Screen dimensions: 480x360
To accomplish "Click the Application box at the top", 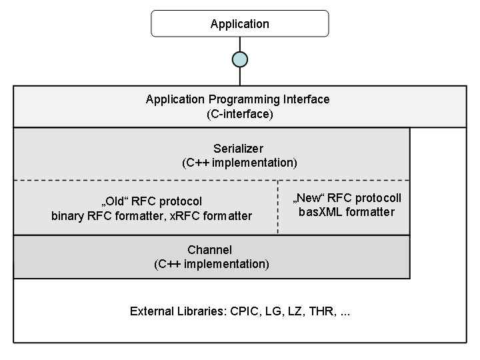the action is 240,23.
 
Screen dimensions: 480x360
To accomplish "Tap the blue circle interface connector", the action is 240,59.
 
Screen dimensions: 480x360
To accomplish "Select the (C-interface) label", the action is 240,114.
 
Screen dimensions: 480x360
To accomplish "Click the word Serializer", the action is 238,149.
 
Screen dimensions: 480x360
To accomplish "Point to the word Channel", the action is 210,250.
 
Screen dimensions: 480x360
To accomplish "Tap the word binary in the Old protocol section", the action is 67,216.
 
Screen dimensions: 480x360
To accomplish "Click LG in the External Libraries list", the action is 273,311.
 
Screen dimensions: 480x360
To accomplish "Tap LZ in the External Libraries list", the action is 295,311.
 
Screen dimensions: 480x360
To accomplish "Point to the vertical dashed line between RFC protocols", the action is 277,207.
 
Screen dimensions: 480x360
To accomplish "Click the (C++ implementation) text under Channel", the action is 211,264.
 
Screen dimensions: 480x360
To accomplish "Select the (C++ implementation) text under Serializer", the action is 240,163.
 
